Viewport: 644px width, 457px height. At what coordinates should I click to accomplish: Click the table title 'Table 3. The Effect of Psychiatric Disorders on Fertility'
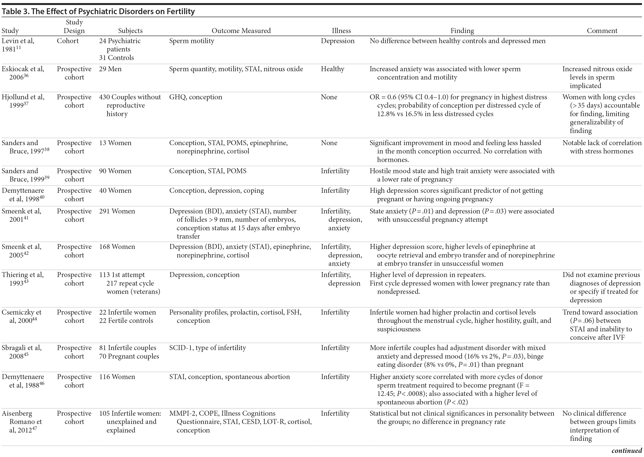98,11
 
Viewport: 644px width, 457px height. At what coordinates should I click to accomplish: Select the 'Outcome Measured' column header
241,31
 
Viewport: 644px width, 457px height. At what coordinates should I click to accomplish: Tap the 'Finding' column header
462,31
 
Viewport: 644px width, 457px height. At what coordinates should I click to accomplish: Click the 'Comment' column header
602,31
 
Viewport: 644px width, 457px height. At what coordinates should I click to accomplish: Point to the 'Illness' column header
341,31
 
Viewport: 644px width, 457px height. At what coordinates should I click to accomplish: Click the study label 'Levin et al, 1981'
18,45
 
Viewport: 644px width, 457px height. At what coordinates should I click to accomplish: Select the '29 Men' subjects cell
110,69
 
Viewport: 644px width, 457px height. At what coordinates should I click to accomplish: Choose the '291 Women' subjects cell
117,211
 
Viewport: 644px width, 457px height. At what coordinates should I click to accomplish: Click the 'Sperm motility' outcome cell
191,41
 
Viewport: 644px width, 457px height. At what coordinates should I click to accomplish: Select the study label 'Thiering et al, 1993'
22,279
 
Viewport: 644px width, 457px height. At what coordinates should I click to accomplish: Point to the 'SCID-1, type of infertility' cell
207,348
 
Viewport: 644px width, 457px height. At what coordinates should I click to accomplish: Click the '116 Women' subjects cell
117,377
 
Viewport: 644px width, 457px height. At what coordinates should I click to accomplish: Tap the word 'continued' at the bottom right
626,451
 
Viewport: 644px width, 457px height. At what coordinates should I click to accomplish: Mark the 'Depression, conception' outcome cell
204,275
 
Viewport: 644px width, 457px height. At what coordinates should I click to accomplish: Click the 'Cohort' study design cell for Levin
68,41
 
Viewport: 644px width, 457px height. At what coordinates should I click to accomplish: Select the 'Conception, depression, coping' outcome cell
216,191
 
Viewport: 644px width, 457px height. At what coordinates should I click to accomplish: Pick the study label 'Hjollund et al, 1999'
23,101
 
